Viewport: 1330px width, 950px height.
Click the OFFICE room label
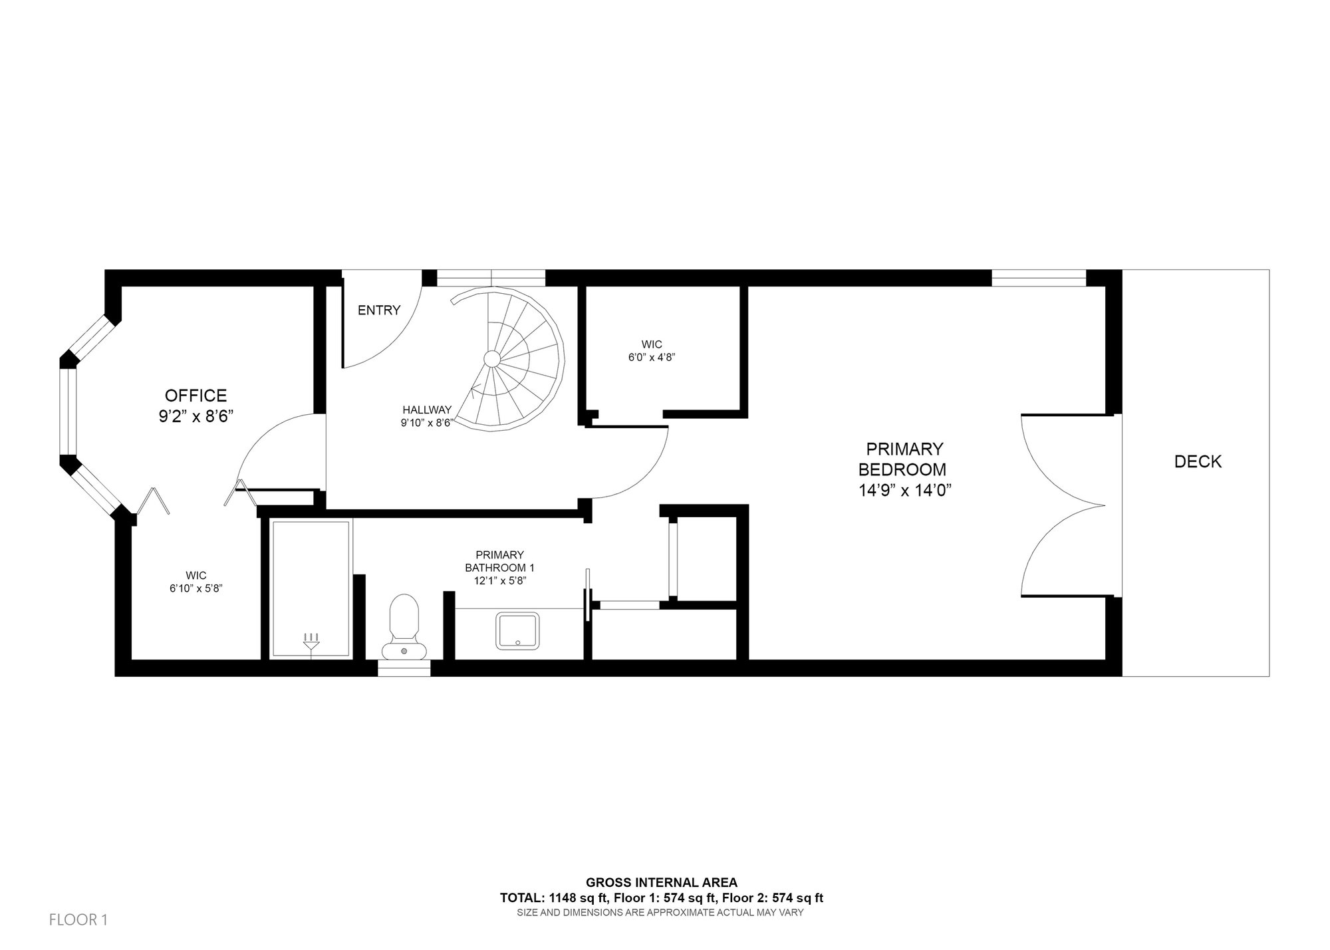point(196,396)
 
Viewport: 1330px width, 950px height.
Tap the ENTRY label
point(379,310)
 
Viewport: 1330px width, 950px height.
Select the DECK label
point(1198,461)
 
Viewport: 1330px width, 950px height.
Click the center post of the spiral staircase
point(491,359)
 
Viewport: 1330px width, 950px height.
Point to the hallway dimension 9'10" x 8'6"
point(426,423)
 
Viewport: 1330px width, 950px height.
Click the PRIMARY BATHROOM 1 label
point(499,561)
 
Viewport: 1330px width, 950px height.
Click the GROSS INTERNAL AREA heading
point(661,883)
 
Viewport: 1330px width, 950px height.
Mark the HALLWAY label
point(427,410)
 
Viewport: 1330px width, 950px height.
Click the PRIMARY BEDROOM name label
point(902,459)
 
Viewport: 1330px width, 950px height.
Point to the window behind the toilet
point(404,667)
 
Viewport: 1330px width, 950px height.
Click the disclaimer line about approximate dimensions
point(660,913)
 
